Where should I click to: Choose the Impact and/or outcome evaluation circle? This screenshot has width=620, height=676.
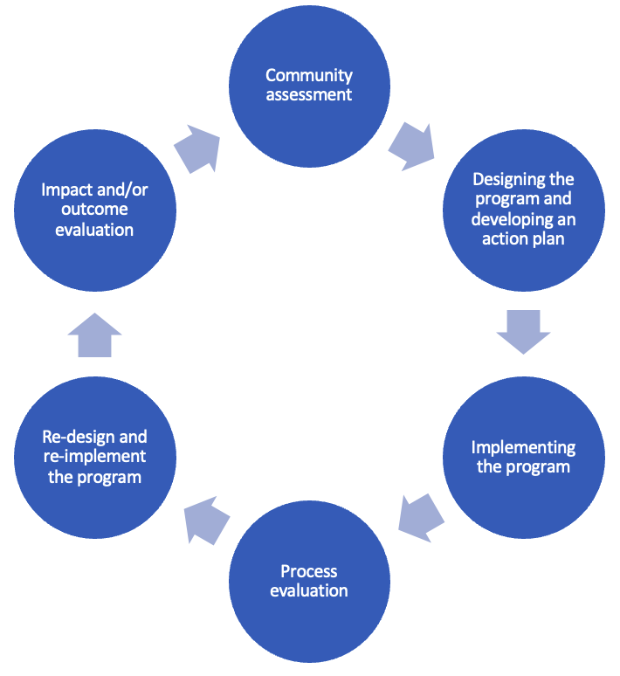(x=95, y=210)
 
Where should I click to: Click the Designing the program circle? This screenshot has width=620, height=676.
(x=523, y=210)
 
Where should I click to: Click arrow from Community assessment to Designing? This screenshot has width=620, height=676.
(x=411, y=144)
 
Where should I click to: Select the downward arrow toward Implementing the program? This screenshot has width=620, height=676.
(x=523, y=331)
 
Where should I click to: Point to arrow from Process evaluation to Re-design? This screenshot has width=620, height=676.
(x=206, y=520)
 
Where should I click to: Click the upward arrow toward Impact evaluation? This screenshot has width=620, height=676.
(x=95, y=335)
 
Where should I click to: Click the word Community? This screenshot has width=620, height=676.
(x=309, y=76)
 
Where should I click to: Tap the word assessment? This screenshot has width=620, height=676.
(x=309, y=95)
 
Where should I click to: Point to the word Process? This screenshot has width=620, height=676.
(x=309, y=572)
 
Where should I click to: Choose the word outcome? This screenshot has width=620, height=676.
(x=94, y=210)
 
